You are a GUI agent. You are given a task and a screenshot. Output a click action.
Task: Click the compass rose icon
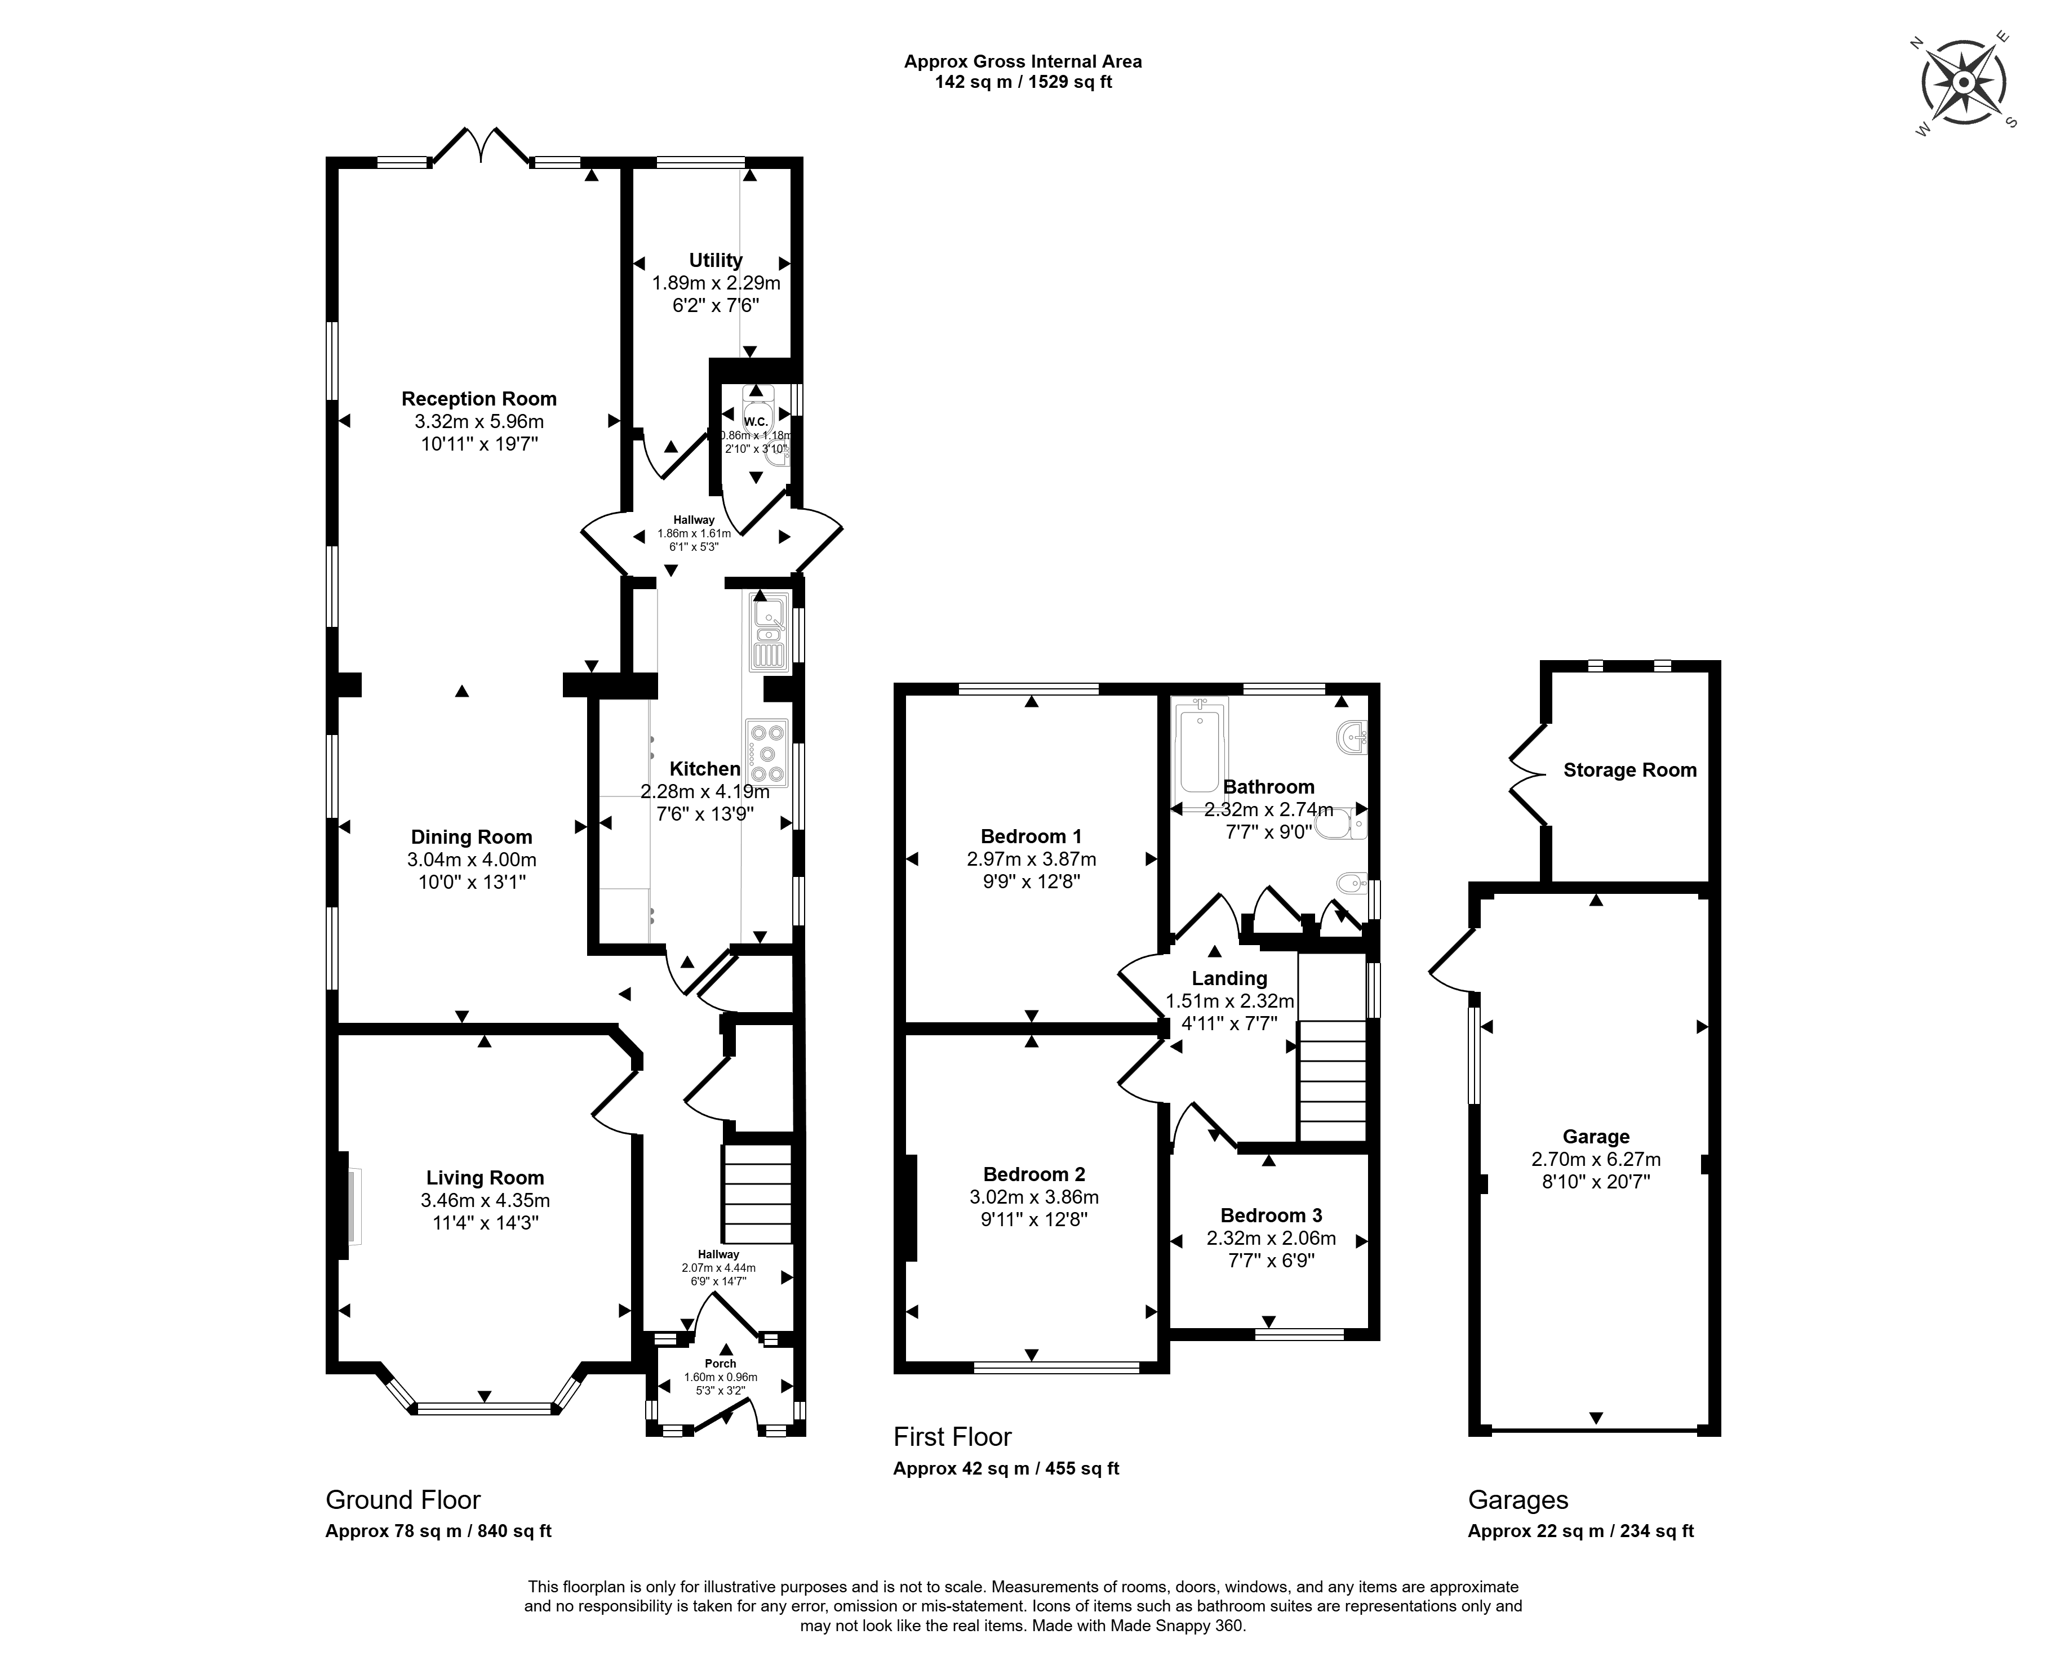click(1963, 83)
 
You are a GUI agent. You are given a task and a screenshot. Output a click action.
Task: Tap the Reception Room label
click(478, 399)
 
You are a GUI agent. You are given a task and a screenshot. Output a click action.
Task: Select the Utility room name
click(716, 260)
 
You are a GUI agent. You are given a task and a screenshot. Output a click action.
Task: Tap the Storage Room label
click(1629, 770)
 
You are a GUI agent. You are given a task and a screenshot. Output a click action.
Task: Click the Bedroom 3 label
click(1271, 1216)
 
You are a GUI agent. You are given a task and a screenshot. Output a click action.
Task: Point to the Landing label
click(1230, 979)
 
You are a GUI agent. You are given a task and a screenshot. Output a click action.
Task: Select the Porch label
click(721, 1364)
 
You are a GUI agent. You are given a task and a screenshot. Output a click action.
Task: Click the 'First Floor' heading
click(952, 1437)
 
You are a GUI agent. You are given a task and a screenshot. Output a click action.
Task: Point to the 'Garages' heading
click(1518, 1500)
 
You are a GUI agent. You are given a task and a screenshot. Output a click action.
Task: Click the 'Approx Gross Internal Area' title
click(1023, 61)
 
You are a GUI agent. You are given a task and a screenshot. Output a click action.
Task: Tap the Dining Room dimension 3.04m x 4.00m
click(472, 860)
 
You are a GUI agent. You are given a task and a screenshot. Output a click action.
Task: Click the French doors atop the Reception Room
click(481, 146)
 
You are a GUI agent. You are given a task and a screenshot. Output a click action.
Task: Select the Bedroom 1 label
click(1032, 836)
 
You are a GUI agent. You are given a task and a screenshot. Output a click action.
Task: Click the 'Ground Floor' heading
click(403, 1500)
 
